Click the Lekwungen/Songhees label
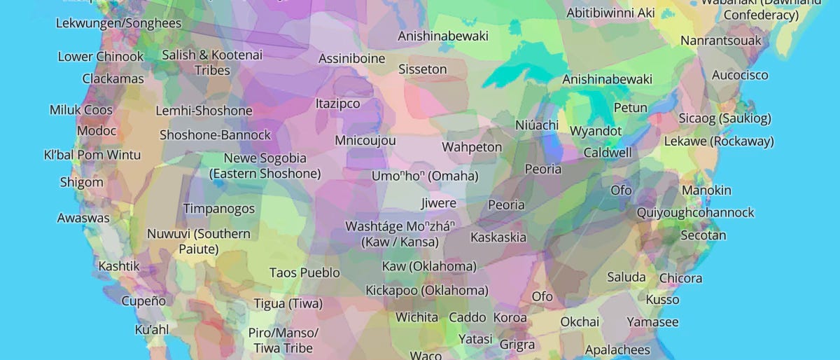point(118,23)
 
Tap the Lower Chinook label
point(100,57)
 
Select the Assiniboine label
point(351,59)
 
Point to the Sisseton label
point(422,69)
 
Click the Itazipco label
point(337,104)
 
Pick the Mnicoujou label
point(365,140)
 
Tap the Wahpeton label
point(472,147)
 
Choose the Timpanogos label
point(219,209)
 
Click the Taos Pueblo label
point(304,272)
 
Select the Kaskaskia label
point(498,237)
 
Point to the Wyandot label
point(596,131)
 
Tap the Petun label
point(630,108)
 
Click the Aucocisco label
point(740,75)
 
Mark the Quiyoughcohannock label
point(695,212)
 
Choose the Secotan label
point(703,235)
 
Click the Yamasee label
point(652,322)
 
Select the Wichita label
point(416,317)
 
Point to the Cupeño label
point(143,301)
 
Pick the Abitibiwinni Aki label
point(610,13)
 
